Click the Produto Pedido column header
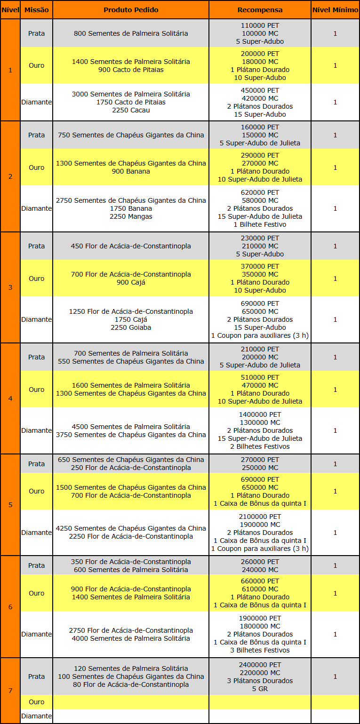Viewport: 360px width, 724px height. (x=131, y=10)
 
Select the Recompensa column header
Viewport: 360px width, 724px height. (x=260, y=10)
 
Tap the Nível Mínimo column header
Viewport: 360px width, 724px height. (x=335, y=10)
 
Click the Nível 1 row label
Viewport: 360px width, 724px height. (x=10, y=70)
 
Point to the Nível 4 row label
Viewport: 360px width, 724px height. (x=10, y=398)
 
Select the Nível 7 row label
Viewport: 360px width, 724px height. (x=10, y=690)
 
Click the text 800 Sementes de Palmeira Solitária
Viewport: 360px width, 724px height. (x=131, y=33)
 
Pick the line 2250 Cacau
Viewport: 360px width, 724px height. (x=131, y=110)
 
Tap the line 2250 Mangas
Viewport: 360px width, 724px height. (x=131, y=216)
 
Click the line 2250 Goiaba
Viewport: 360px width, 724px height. (x=131, y=327)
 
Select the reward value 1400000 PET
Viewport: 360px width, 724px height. (x=260, y=414)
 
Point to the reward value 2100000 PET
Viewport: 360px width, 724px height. (x=260, y=517)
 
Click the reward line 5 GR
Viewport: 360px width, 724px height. (x=260, y=689)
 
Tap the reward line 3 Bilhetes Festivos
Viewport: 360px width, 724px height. (x=260, y=650)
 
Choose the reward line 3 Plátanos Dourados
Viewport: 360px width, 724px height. (x=260, y=681)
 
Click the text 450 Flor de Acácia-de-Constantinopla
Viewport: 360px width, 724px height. (x=131, y=246)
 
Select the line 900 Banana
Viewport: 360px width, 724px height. (x=131, y=171)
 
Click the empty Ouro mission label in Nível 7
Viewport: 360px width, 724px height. (x=36, y=702)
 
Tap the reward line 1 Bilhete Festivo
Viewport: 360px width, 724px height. (x=260, y=224)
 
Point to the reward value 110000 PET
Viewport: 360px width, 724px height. (x=260, y=25)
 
